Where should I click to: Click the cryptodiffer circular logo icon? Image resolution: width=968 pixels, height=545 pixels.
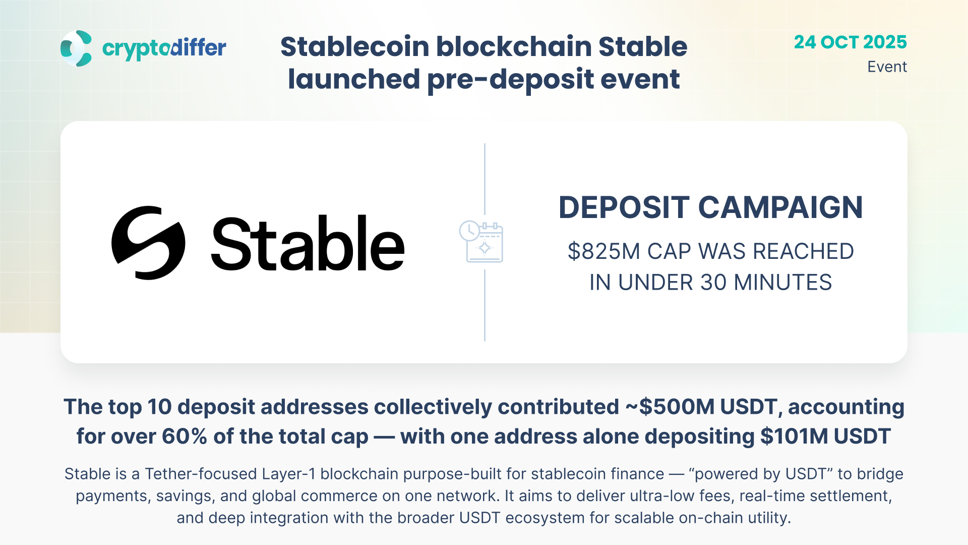[76, 48]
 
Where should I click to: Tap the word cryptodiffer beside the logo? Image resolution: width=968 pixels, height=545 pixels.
[164, 49]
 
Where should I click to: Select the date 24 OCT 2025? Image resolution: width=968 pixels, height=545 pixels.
[850, 42]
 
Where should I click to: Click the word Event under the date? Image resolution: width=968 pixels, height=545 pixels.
[887, 67]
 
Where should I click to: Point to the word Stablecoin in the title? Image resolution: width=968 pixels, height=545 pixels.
[355, 46]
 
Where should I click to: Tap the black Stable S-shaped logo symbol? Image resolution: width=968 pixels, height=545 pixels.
[148, 243]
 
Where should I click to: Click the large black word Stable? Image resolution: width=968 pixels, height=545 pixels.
[308, 243]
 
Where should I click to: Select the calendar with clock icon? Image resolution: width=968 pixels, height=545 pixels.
[481, 241]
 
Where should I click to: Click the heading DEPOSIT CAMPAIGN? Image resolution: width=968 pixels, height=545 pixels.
[710, 207]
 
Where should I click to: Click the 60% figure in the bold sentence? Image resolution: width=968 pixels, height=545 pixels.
[184, 437]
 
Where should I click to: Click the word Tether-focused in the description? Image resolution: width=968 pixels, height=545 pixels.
[201, 474]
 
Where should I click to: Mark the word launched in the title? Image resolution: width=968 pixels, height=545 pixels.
[353, 79]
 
